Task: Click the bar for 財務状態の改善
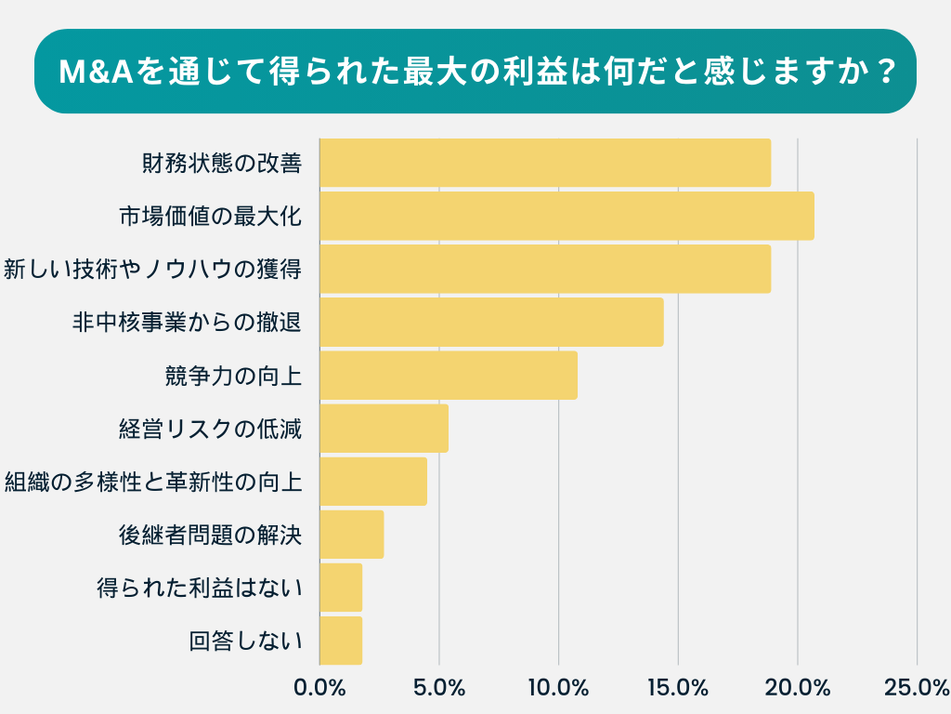pos(545,163)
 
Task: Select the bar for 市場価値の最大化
pos(567,216)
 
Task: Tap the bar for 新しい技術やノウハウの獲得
pos(545,269)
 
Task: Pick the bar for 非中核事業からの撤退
pos(491,322)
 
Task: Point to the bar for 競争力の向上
pos(449,375)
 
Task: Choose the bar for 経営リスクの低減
pos(384,428)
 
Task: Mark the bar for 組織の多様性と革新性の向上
pos(373,481)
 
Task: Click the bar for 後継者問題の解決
pos(351,534)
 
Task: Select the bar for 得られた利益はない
pos(341,587)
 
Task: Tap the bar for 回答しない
pos(341,640)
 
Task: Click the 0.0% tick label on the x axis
pos(319,688)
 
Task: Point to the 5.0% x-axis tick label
pos(439,688)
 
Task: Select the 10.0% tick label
pos(559,688)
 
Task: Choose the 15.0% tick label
pos(678,688)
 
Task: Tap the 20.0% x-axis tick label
pos(798,688)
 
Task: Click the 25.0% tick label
pos(916,688)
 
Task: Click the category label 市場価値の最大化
pos(211,217)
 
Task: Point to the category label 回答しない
pos(246,641)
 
